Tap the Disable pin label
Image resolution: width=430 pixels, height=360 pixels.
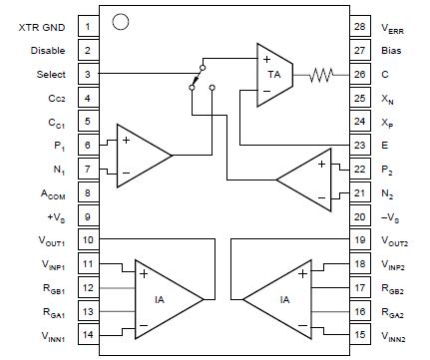(48, 50)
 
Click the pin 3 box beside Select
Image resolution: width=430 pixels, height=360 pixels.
(88, 74)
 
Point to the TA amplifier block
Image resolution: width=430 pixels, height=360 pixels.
(270, 74)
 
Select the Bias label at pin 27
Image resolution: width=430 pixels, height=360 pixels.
(393, 50)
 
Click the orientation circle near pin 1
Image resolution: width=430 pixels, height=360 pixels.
(121, 21)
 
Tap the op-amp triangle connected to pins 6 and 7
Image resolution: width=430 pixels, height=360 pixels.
(141, 155)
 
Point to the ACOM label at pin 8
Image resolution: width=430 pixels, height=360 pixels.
(54, 194)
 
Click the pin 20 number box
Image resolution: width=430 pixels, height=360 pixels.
(359, 218)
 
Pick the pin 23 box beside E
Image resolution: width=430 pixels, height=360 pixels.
(359, 146)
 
